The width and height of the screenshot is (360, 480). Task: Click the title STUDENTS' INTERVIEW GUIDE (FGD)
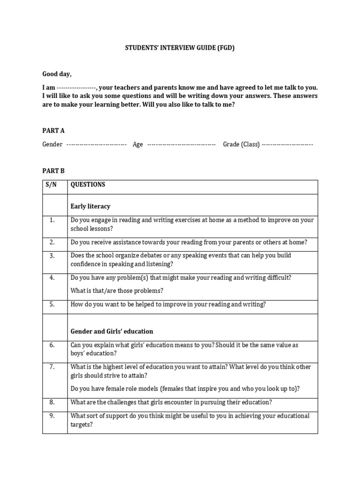point(180,48)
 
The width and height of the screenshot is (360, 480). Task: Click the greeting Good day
point(57,74)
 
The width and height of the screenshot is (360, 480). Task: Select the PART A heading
point(53,131)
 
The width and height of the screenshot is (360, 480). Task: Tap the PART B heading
point(53,171)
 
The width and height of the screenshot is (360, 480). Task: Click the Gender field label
point(52,144)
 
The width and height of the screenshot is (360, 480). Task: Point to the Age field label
point(138,144)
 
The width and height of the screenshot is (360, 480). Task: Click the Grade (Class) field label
point(241,144)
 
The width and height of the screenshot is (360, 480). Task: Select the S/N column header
point(51,185)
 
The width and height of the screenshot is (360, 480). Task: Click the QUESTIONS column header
point(88,185)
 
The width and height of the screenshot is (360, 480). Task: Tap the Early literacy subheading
point(90,206)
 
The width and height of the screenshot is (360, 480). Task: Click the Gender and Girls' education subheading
point(112,331)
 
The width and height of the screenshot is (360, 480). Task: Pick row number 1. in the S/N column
point(52,220)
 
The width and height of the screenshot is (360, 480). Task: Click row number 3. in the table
point(52,255)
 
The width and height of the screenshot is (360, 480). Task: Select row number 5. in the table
point(52,304)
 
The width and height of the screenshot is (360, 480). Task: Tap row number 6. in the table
point(52,345)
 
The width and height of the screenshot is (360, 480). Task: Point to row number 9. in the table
point(52,416)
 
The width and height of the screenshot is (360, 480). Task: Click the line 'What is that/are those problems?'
point(117,291)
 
